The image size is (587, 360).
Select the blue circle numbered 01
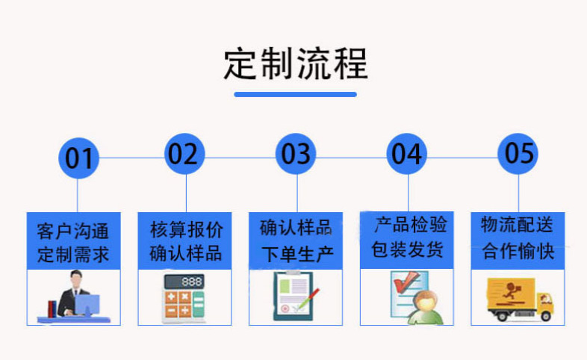click(78, 158)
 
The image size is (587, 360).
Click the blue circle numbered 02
click(184, 154)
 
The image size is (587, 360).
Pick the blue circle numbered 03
click(296, 154)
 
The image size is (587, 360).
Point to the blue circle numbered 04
click(407, 154)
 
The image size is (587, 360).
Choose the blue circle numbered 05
click(518, 154)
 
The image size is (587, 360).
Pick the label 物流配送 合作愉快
click(518, 238)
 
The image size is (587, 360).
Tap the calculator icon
click(184, 298)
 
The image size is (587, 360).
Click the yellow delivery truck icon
click(518, 299)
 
